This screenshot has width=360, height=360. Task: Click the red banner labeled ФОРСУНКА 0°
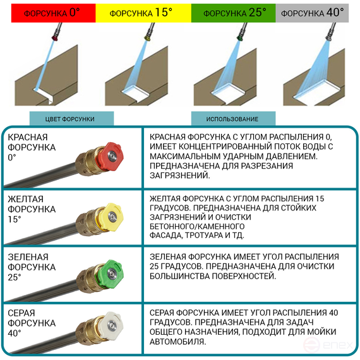[x=53, y=13]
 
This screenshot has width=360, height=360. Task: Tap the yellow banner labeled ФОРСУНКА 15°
[x=143, y=13]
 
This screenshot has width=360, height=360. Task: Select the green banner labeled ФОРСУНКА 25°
[x=233, y=13]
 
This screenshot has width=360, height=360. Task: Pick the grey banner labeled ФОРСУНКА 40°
[x=312, y=13]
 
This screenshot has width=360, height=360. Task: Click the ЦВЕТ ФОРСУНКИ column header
[x=71, y=119]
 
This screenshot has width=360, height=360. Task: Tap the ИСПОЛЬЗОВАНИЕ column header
[x=233, y=119]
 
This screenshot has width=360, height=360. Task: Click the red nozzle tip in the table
[x=111, y=156]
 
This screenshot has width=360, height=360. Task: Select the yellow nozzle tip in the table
[x=111, y=216]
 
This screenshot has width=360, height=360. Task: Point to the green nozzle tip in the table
[x=111, y=273]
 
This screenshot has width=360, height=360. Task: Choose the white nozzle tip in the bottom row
[x=112, y=325]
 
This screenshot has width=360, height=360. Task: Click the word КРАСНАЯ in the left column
[x=28, y=137]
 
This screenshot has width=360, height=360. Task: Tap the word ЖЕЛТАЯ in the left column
[x=25, y=199]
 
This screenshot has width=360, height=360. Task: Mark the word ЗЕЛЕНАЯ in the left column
[x=28, y=257]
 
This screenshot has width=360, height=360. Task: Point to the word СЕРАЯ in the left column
[x=21, y=313]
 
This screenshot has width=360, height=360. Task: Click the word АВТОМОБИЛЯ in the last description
[x=178, y=342]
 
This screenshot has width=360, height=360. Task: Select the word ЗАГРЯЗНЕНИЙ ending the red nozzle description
[x=180, y=176]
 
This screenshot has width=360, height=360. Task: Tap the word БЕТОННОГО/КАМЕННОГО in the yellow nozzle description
[x=197, y=227]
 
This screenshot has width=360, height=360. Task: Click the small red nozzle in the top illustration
[x=56, y=37]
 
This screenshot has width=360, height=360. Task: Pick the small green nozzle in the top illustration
[x=240, y=37]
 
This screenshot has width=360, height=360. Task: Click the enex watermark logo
[x=328, y=345]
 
